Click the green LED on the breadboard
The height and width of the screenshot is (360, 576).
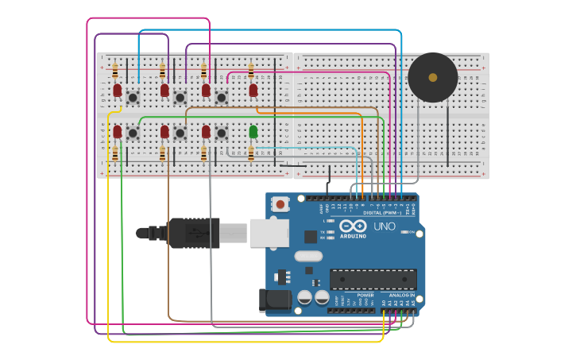253,131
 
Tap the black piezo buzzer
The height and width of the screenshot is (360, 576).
433,77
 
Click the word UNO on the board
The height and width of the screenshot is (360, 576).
385,226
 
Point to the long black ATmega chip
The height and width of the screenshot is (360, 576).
373,279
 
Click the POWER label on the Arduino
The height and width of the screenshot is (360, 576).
365,295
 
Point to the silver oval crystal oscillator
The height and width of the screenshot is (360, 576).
308,256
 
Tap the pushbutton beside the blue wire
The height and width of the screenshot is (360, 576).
133,98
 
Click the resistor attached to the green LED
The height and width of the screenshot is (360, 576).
251,153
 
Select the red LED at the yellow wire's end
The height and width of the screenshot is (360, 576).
117,91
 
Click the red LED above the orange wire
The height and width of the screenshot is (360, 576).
253,91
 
